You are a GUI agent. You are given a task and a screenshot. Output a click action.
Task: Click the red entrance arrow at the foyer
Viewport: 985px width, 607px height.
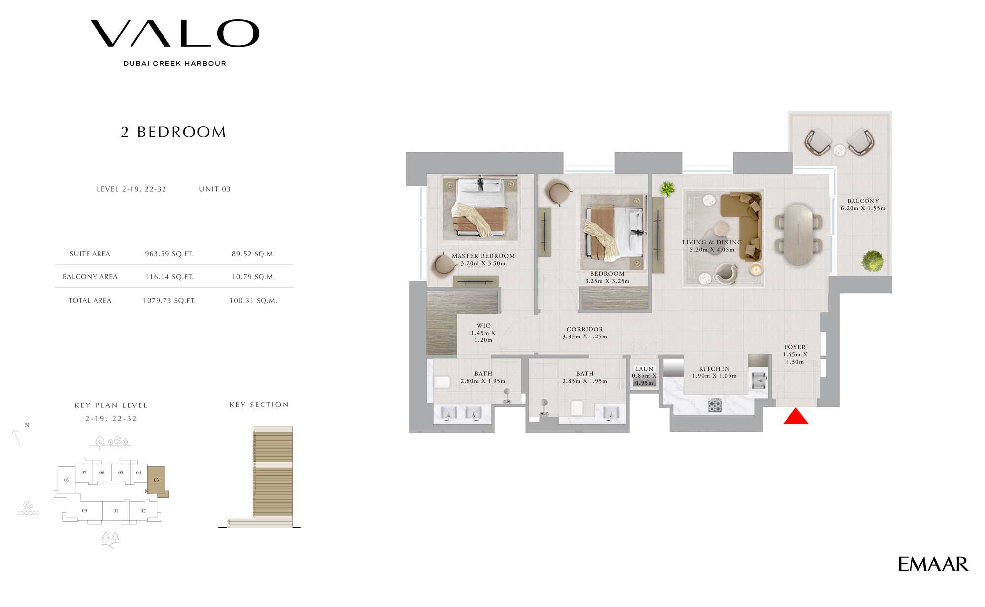796,417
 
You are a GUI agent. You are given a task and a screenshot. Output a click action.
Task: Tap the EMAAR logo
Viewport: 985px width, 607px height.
933,564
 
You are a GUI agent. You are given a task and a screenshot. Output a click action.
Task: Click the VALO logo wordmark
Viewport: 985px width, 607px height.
175,34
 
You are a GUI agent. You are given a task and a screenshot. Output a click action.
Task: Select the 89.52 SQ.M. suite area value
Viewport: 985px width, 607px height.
254,254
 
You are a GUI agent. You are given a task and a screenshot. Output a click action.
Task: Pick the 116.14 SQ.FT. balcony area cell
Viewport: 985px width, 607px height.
169,277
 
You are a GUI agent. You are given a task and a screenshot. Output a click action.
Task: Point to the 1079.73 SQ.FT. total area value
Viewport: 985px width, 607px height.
169,301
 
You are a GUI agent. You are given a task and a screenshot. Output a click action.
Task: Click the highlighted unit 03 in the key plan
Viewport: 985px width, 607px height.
157,480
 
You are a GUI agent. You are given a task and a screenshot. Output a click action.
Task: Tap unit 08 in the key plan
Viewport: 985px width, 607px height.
66,480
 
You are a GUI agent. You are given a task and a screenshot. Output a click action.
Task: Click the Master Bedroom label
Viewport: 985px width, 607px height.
483,256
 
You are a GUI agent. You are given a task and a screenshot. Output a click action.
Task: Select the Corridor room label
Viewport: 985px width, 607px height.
585,329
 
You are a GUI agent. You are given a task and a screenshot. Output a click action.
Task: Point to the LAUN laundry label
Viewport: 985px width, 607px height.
644,369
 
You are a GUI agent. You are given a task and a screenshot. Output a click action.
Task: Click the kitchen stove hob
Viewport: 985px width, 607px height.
715,405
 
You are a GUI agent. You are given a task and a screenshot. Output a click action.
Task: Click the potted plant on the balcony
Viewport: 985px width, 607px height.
872,261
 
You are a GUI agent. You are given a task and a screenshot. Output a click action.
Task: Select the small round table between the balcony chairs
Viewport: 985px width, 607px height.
840,149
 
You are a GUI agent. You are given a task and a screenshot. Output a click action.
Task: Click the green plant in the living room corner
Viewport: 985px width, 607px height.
667,189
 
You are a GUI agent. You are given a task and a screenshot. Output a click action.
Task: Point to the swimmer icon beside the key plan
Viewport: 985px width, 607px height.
28,508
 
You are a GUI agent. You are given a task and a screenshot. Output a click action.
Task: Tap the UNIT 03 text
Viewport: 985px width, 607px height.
215,189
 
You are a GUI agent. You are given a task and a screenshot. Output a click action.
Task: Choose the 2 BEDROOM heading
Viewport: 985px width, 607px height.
173,132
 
